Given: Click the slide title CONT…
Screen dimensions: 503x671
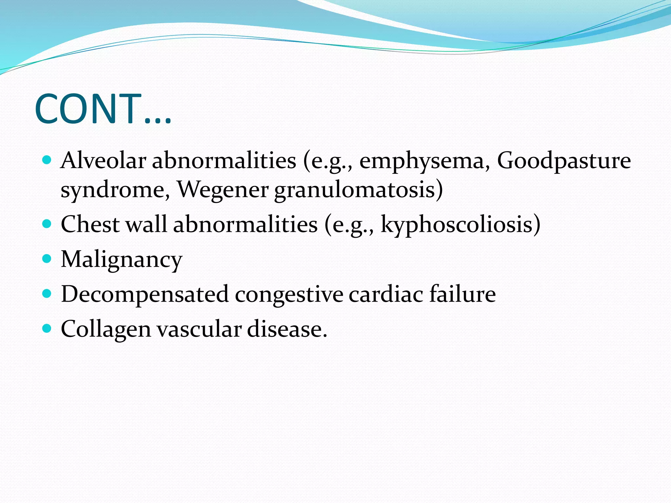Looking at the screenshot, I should point(103,109).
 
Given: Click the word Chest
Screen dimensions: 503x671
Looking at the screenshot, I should point(90,225).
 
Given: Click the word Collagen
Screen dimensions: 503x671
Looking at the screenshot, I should point(106,329).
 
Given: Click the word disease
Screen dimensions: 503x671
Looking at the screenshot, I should point(286,329).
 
